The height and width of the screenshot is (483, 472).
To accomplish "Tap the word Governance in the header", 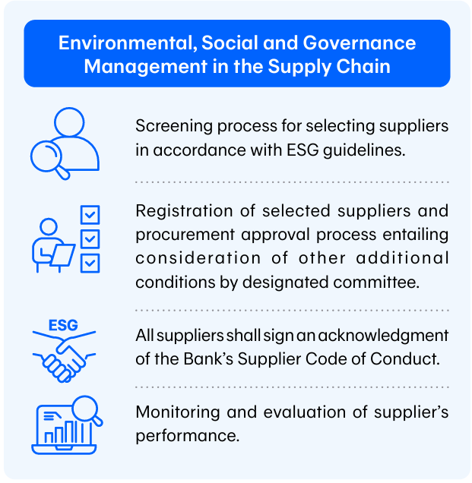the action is click(x=360, y=43).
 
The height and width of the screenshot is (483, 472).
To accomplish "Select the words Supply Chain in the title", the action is click(x=329, y=67).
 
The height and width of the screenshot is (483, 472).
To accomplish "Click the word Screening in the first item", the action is click(x=174, y=126).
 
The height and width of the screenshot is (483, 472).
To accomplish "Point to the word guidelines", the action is click(x=364, y=150).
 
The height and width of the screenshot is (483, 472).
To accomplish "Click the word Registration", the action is click(x=184, y=212).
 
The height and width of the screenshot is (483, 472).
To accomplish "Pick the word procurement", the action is click(x=185, y=235).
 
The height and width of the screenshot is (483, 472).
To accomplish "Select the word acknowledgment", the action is click(x=383, y=336).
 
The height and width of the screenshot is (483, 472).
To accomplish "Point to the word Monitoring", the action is click(x=178, y=412).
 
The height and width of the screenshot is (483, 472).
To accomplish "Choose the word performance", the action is click(x=188, y=436).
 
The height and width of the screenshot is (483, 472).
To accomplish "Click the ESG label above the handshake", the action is click(x=63, y=325).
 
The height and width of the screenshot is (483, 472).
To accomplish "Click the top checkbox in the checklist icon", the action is click(x=90, y=215).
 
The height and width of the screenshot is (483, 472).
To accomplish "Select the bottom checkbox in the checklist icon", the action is click(x=90, y=264).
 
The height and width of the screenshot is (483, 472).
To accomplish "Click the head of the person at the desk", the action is click(x=49, y=227).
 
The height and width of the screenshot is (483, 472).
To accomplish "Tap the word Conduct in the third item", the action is click(x=405, y=359).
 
